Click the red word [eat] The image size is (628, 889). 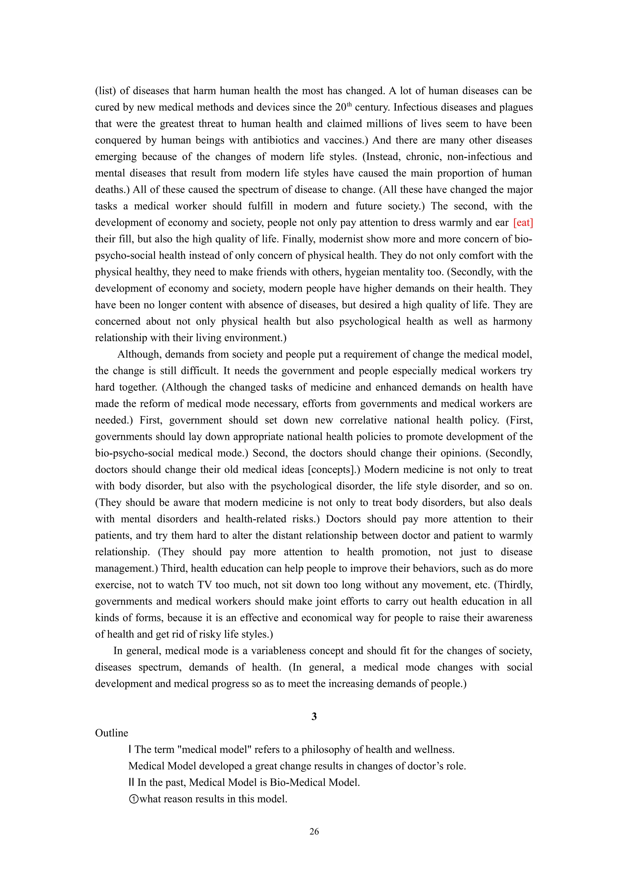[523, 223]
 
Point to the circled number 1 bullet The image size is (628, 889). [133, 799]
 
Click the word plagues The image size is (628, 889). [516, 107]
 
